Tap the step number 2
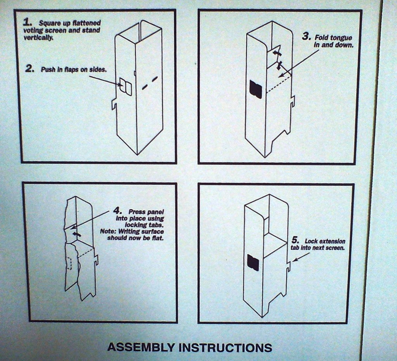pyautogui.click(x=30, y=68)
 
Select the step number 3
pyautogui.click(x=306, y=36)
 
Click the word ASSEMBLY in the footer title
pyautogui.click(x=141, y=347)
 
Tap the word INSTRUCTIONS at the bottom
pyautogui.click(x=225, y=347)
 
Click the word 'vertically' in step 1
pyautogui.click(x=38, y=38)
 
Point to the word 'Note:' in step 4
pyautogui.click(x=108, y=231)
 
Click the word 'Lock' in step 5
pyautogui.click(x=311, y=241)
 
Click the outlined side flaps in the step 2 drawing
pyautogui.click(x=126, y=87)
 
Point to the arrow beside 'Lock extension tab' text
pyautogui.click(x=301, y=256)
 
